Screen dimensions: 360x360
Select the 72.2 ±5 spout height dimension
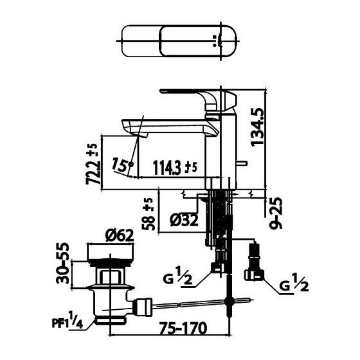93,165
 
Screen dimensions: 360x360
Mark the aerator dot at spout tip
131,165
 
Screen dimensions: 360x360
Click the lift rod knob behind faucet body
244,165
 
